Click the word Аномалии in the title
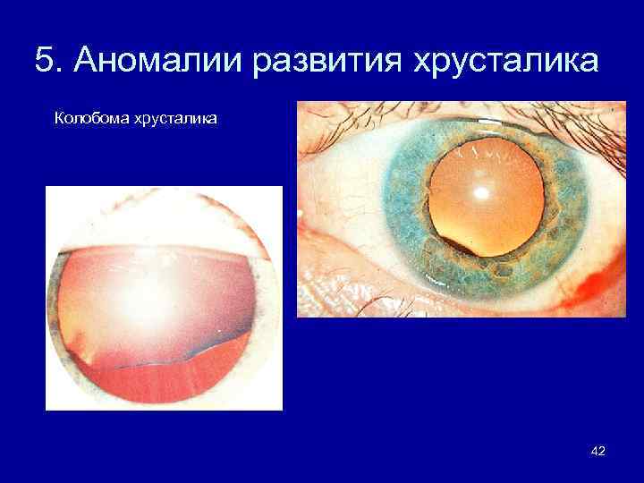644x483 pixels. (x=152, y=63)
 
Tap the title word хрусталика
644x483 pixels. (x=504, y=63)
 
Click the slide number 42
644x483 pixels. (x=598, y=451)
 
